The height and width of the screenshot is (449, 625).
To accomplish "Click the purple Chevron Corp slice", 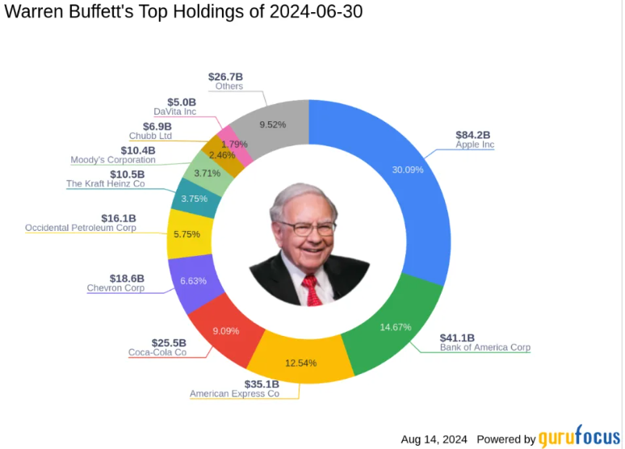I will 192,282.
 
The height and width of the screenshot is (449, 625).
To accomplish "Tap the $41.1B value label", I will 457,337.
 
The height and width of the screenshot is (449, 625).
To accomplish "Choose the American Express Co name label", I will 234,394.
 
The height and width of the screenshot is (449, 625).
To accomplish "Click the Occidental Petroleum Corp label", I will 81,228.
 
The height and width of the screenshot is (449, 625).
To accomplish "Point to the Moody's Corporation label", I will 113,160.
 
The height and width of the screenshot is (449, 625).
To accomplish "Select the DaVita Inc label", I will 174,111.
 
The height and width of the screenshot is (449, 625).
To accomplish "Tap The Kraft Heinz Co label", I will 105,184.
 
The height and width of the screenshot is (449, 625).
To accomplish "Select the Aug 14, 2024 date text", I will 434,439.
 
